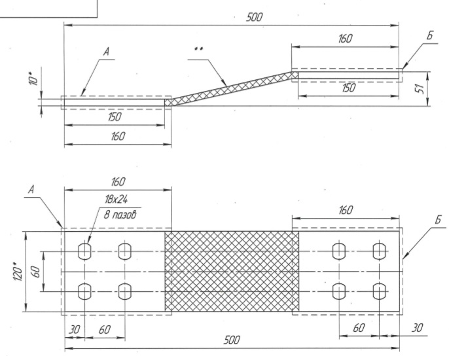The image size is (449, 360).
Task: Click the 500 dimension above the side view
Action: pyautogui.click(x=254, y=18)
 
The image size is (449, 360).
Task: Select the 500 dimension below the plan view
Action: pyautogui.click(x=232, y=340)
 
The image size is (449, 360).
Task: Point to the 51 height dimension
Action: pyautogui.click(x=420, y=89)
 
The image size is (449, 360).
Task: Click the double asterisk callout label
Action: pyautogui.click(x=198, y=49)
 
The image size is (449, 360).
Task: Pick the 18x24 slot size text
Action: pyautogui.click(x=116, y=199)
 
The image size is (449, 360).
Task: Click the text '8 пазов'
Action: pyautogui.click(x=120, y=215)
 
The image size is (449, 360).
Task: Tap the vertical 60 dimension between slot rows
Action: pyautogui.click(x=35, y=272)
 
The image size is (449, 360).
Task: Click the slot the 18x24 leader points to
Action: pyautogui.click(x=85, y=251)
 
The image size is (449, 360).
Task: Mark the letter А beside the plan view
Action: pyautogui.click(x=31, y=190)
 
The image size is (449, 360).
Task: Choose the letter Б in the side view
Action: pyautogui.click(x=429, y=36)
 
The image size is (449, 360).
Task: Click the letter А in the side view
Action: pyautogui.click(x=106, y=52)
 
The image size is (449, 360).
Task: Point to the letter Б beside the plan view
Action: pyautogui.click(x=437, y=220)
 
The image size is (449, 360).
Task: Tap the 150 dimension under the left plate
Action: pyautogui.click(x=115, y=117)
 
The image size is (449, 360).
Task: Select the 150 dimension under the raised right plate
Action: pyautogui.click(x=348, y=88)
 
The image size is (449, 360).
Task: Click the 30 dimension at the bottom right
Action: pyautogui.click(x=417, y=328)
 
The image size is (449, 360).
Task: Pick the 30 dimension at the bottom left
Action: pyautogui.click(x=75, y=330)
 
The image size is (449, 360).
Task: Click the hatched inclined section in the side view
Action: pyautogui.click(x=231, y=88)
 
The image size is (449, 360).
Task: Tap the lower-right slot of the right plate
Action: pyautogui.click(x=379, y=291)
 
